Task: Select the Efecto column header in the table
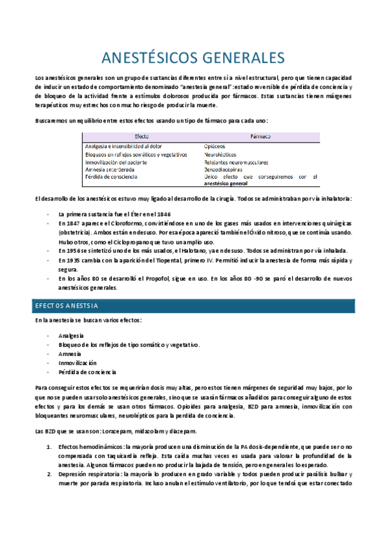142,137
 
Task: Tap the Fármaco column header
260,137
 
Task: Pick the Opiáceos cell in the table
214,147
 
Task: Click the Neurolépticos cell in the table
220,155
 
